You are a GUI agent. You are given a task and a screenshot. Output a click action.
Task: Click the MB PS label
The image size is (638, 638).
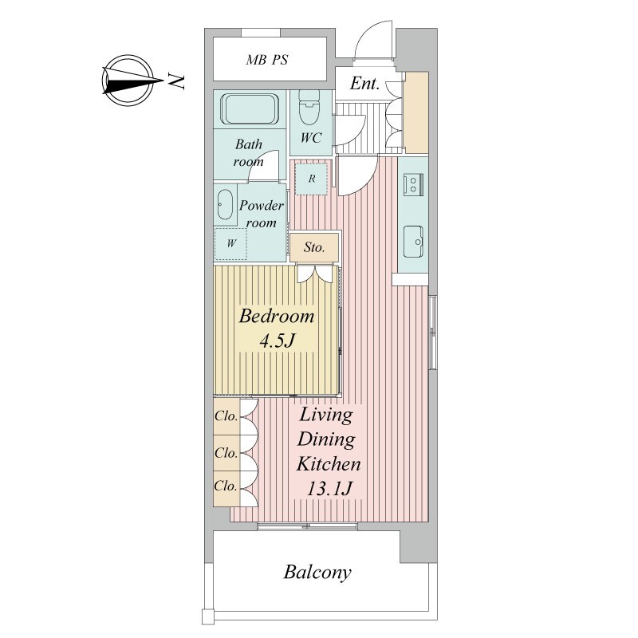click(x=266, y=60)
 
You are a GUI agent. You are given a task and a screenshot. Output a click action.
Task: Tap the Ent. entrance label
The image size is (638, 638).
click(x=364, y=84)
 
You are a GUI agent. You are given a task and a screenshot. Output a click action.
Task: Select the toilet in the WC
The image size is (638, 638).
click(x=309, y=108)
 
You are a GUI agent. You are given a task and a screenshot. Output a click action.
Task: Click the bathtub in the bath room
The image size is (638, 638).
click(x=249, y=108)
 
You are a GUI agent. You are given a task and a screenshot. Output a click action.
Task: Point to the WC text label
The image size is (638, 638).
click(x=311, y=138)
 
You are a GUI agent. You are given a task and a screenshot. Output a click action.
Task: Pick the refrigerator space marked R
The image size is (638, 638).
click(x=311, y=179)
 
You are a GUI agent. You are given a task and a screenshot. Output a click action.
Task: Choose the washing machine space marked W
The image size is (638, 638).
click(x=231, y=243)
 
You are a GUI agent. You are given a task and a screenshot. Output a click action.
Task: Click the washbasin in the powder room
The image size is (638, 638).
click(x=225, y=205)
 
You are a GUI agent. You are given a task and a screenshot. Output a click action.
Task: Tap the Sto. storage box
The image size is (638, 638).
click(x=314, y=247)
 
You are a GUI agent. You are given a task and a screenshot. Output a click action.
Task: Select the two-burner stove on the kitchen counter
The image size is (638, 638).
click(x=413, y=185)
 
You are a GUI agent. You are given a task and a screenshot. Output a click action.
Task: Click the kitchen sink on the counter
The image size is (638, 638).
click(x=413, y=242)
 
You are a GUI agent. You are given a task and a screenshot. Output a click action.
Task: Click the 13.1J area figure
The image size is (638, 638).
click(x=329, y=488)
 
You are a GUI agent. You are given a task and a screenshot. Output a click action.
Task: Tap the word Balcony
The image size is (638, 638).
click(x=317, y=573)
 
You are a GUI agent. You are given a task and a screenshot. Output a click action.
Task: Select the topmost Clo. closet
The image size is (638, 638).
click(x=226, y=416)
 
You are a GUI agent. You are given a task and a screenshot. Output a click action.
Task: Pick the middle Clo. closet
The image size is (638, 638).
click(x=226, y=453)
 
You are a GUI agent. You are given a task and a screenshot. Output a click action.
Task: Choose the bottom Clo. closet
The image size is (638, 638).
click(x=226, y=489)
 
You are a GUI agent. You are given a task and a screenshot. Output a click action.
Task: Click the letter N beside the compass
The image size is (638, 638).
click(x=176, y=81)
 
